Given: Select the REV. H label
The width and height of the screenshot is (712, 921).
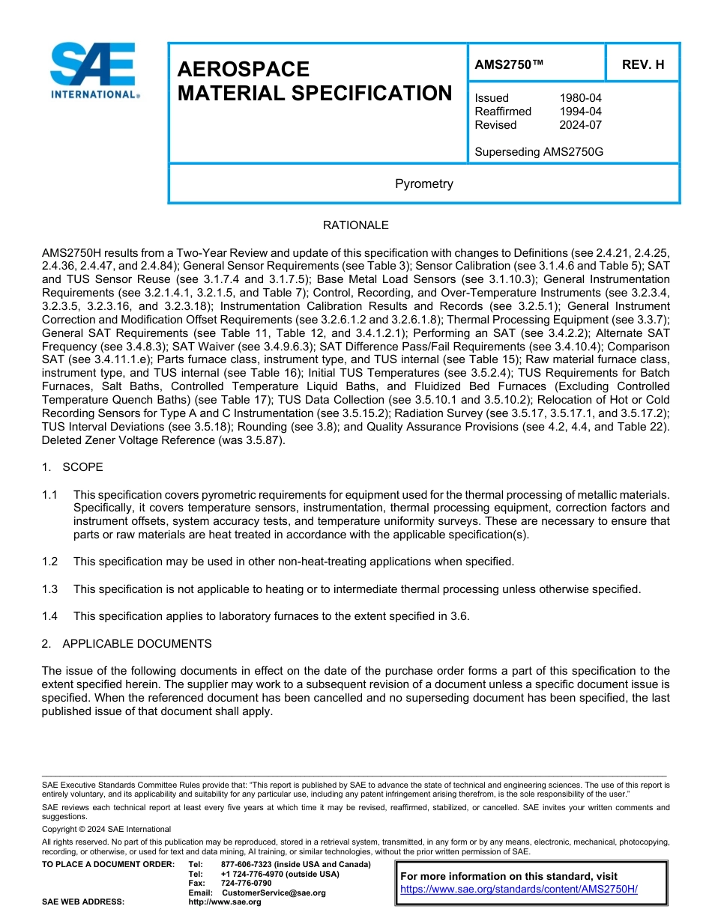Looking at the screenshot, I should (642, 64).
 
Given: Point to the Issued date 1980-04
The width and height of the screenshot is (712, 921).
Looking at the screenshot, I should (580, 98).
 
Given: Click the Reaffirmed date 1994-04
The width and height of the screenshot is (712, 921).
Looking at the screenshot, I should (580, 112).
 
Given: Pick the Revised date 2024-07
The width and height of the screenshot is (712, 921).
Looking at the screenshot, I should (580, 125).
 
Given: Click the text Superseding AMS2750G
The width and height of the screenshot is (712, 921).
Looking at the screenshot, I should (539, 152).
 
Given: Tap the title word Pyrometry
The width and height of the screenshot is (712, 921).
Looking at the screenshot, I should (423, 183).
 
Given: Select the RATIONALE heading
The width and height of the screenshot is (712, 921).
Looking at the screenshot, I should (355, 225).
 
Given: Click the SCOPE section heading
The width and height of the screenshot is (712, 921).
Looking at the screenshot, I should (82, 467).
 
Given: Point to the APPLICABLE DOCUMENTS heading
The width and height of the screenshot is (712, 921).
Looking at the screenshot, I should (136, 644).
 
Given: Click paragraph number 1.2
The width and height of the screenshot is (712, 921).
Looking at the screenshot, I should (49, 562).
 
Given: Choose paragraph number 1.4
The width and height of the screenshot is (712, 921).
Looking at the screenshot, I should (49, 616).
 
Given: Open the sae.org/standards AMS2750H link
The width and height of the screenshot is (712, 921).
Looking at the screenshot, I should (519, 889).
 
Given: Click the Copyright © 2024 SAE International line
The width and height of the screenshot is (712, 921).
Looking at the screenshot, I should (106, 829).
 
